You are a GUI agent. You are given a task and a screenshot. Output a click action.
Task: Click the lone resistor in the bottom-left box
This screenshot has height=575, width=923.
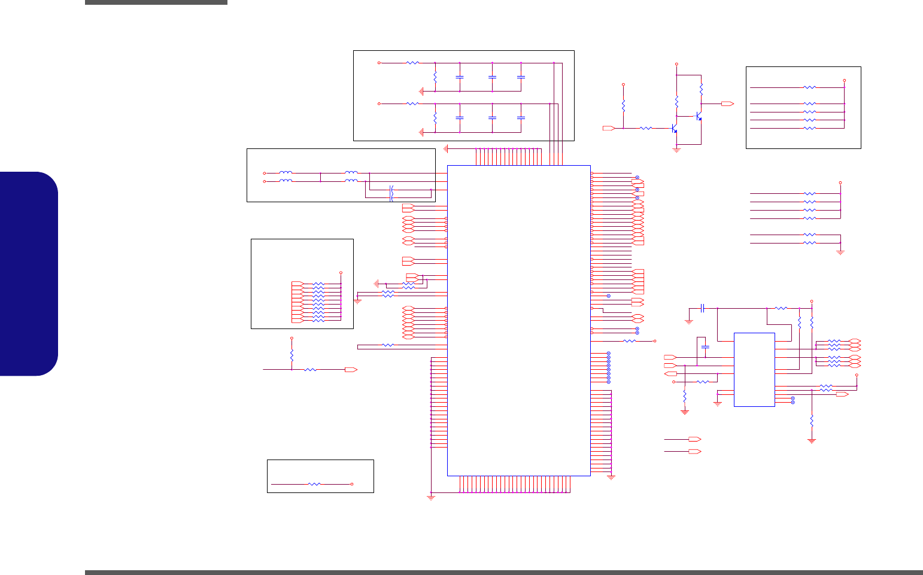pyautogui.click(x=314, y=483)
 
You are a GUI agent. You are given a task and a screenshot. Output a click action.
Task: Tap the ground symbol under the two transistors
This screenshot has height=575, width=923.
pyautogui.click(x=677, y=150)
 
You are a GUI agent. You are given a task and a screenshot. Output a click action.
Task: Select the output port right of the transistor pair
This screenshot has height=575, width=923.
pyautogui.click(x=727, y=104)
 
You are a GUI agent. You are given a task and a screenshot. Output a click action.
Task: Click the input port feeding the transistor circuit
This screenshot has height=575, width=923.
pyautogui.click(x=608, y=128)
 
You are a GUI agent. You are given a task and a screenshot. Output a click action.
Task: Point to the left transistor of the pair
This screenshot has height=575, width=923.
pyautogui.click(x=674, y=128)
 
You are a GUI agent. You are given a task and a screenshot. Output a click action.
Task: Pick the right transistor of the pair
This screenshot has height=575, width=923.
pyautogui.click(x=698, y=116)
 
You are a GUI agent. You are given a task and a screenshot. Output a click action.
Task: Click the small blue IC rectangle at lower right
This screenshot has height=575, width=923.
pyautogui.click(x=754, y=369)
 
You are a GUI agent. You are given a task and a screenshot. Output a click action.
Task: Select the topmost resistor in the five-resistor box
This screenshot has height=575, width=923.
pyautogui.click(x=809, y=87)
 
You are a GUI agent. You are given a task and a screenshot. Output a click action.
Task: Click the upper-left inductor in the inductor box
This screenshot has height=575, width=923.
pyautogui.click(x=286, y=173)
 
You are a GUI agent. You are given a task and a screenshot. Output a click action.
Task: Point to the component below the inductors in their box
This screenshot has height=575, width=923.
pyautogui.click(x=391, y=193)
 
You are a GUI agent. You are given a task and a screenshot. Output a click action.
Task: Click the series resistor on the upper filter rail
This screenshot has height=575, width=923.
pyautogui.click(x=412, y=63)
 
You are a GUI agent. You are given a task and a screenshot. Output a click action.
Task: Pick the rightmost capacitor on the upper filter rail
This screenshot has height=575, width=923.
pyautogui.click(x=521, y=77)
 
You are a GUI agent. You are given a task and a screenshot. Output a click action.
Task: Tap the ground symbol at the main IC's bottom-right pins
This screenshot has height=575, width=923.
pyautogui.click(x=611, y=477)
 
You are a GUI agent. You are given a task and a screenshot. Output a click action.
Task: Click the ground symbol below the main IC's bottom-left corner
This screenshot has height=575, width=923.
pyautogui.click(x=431, y=497)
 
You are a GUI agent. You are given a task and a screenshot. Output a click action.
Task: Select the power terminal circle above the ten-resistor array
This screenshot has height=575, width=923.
pyautogui.click(x=341, y=272)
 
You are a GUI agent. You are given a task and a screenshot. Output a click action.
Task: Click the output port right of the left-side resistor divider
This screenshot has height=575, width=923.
pyautogui.click(x=351, y=370)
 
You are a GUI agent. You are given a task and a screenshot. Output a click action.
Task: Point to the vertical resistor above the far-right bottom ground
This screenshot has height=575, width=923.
pyautogui.click(x=812, y=421)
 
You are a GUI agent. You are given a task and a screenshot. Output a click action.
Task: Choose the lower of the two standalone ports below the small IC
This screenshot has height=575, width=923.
pyautogui.click(x=694, y=451)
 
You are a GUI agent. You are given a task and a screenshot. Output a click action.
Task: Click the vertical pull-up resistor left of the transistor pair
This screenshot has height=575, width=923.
pyautogui.click(x=623, y=106)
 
